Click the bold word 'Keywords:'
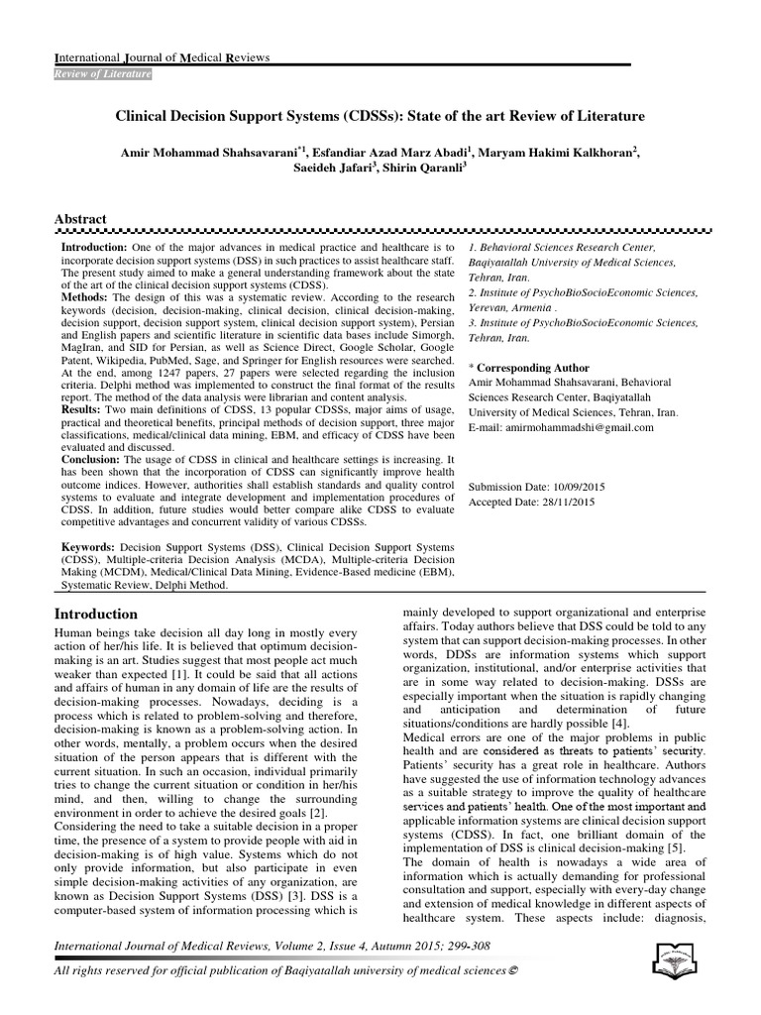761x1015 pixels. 90,546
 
